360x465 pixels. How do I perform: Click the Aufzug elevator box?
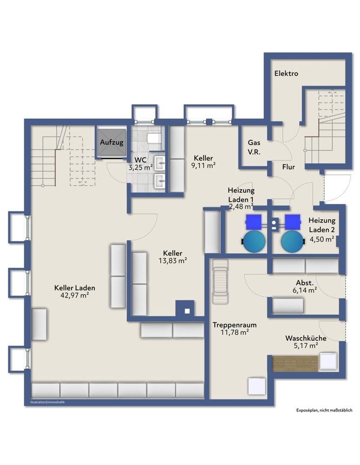pos(112,142)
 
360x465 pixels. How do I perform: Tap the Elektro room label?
pos(286,73)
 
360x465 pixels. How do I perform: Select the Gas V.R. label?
pos(254,147)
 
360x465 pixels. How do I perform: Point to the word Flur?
pos(288,167)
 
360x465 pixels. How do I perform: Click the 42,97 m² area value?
pos(75,295)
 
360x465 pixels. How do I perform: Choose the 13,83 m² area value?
pos(173,261)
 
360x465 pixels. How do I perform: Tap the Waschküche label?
pos(306,338)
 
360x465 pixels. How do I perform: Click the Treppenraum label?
pos(234,325)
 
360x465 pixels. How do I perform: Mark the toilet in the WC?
pos(154,138)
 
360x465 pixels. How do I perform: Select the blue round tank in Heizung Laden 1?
pos(254,242)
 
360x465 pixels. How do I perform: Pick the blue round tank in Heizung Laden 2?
pos(293,242)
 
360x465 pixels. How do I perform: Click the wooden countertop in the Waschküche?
pos(295,363)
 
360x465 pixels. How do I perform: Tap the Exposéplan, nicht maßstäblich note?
pos(324,411)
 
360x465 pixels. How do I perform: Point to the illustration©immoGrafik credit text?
pos(47,402)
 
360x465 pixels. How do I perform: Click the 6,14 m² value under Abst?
pos(305,290)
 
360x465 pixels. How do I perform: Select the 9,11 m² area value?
pos(203,166)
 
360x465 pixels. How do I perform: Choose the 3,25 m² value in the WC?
pos(140,167)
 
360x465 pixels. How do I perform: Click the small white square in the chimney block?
pos(187,311)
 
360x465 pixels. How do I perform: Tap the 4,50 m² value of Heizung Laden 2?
pos(322,239)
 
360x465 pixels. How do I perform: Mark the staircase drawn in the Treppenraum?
pos(220,282)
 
